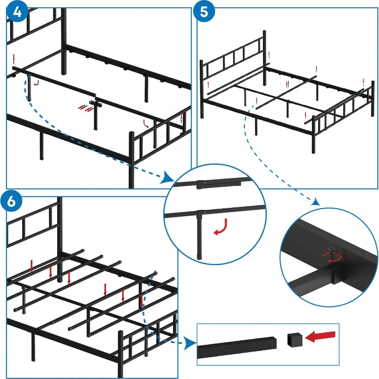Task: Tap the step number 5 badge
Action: click(x=204, y=11)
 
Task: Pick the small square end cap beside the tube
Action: click(x=295, y=340)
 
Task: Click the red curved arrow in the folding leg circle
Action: click(x=221, y=227)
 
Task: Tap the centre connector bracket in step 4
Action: click(x=95, y=103)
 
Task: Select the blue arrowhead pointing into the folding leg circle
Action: click(x=168, y=178)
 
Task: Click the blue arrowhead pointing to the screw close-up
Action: click(x=316, y=201)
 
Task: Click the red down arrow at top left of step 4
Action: click(x=14, y=58)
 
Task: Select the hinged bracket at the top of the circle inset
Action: click(x=219, y=184)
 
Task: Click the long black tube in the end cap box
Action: click(x=237, y=347)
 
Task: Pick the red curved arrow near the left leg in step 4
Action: click(x=37, y=83)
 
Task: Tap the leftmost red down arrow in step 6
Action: click(x=31, y=266)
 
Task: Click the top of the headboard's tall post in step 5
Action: click(x=265, y=31)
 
